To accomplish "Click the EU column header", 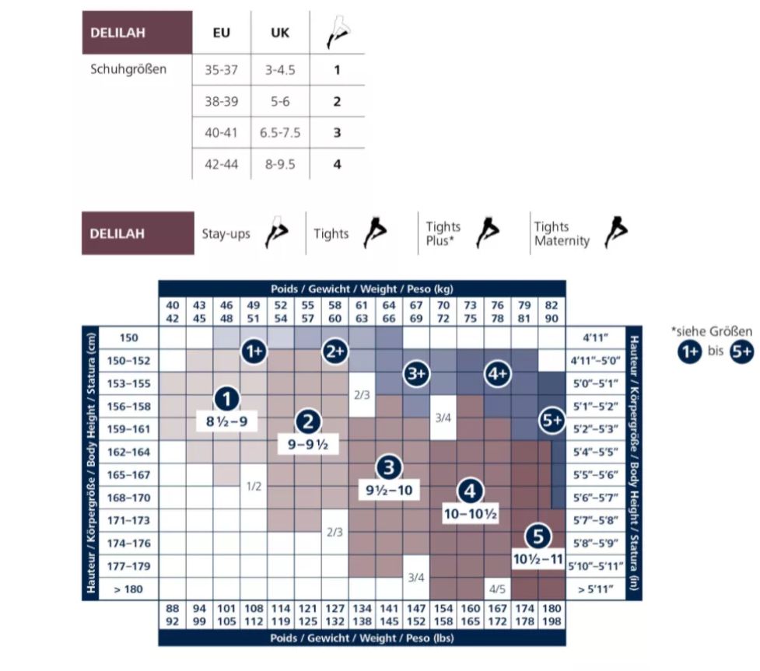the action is (221, 33).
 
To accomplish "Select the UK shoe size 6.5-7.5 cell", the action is (280, 133).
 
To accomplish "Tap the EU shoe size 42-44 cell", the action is (221, 164).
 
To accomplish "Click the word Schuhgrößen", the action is (128, 69).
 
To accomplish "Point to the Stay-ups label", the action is (226, 234).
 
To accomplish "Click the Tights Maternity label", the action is (562, 233).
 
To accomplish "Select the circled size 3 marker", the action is (389, 467).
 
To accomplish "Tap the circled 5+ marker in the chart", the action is (552, 420).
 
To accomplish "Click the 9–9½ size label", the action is (308, 444).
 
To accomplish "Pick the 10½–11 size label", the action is (538, 559).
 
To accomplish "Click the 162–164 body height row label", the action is (128, 452).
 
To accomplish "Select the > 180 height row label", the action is (128, 589).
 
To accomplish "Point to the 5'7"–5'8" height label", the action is (596, 520).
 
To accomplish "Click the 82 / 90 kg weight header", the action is (552, 312).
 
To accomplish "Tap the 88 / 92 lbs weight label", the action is (172, 615).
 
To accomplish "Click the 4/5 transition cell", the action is (497, 589).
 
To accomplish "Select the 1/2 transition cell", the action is (254, 487).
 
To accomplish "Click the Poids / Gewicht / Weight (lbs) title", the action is (362, 638).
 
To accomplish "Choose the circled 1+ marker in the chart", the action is (254, 351).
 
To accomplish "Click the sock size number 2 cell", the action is (338, 101).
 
